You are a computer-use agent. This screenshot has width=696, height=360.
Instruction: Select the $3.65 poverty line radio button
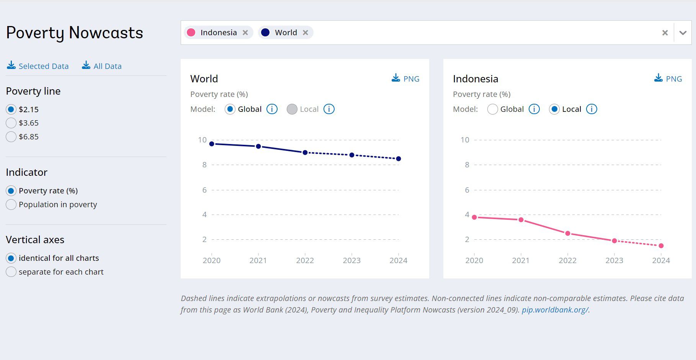point(11,123)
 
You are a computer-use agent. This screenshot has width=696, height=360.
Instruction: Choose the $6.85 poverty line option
point(11,137)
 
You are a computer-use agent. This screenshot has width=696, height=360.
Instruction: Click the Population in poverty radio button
point(11,205)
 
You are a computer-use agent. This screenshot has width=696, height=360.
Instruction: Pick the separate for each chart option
point(11,272)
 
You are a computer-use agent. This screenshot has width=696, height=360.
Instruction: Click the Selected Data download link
point(38,66)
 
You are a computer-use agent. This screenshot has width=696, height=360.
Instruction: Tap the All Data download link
point(102,66)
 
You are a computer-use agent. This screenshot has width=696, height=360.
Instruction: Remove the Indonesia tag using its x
point(245,33)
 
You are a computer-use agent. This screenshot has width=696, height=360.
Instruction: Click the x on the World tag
point(306,33)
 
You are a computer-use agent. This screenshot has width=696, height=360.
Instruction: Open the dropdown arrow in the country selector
point(683,33)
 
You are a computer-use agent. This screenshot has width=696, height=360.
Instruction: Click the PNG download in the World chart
point(406,79)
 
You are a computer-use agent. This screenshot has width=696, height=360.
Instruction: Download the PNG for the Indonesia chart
point(668,79)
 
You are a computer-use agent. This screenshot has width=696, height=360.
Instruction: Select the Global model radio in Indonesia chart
point(493,109)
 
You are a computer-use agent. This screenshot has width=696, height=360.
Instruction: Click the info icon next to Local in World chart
point(329,109)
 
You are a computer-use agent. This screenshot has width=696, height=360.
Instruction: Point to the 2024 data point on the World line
point(399,159)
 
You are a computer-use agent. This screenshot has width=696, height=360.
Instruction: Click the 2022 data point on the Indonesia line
point(568,233)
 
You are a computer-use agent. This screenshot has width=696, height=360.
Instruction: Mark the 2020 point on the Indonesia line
point(474,217)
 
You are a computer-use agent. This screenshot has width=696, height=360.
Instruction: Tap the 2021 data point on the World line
point(258,146)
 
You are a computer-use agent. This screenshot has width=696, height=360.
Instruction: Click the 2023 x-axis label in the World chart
point(351,260)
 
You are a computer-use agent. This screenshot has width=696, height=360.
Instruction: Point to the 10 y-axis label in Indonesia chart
point(465,140)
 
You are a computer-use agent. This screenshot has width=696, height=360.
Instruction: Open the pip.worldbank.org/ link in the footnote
point(555,310)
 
